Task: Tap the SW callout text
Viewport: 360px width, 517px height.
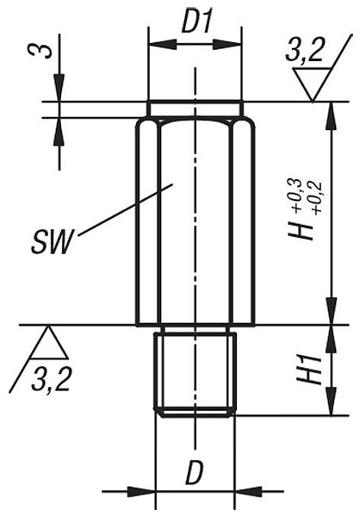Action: (x=51, y=243)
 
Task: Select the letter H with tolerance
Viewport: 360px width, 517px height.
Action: (x=300, y=228)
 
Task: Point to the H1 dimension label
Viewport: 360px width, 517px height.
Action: (x=309, y=370)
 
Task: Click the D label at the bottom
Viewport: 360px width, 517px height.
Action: (x=195, y=473)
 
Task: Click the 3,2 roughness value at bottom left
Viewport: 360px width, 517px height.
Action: (x=51, y=380)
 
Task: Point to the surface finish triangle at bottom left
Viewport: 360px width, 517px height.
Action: (x=49, y=342)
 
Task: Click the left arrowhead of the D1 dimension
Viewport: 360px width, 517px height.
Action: (x=163, y=44)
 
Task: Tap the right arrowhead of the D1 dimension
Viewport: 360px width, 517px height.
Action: (x=227, y=44)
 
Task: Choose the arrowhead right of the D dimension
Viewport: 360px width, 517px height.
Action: (x=248, y=491)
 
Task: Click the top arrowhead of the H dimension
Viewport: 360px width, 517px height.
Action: (x=332, y=115)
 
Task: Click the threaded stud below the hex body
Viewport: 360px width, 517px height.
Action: (x=195, y=375)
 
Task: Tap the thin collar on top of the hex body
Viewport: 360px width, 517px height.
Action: (x=195, y=109)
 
